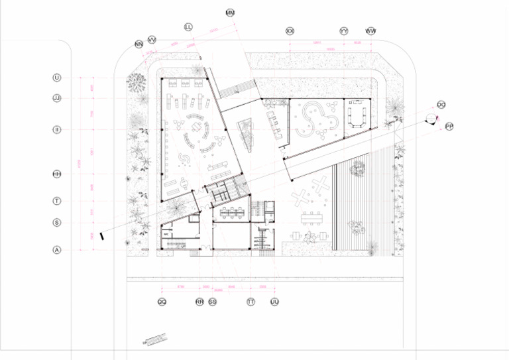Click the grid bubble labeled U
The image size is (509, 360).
pos(56,78)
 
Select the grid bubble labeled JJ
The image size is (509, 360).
pos(56,98)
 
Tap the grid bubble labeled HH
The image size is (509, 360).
pos(56,174)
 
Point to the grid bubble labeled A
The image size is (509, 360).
pos(56,250)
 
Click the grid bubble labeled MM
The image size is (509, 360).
pos(230,13)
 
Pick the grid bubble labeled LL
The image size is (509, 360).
pos(188,27)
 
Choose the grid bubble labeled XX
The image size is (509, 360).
pos(290,31)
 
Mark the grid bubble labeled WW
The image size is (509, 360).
pos(370,31)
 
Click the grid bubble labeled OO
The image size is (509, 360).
pos(441,105)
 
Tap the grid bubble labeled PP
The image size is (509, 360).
pos(449,126)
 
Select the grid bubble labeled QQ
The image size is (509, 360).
pos(162,302)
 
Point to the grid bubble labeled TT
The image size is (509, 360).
pos(251,302)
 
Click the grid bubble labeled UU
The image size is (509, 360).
pos(274,302)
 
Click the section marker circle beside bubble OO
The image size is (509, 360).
pos(431,118)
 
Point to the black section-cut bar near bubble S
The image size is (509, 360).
pos(102,235)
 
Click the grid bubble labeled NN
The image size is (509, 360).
pos(139,44)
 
